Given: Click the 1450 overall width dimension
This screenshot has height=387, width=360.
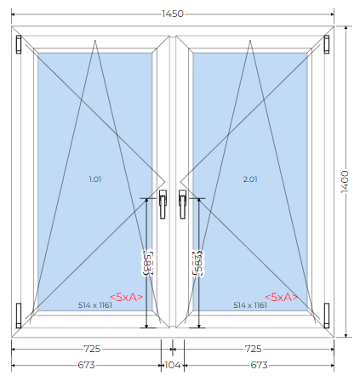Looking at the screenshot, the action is [x=173, y=14].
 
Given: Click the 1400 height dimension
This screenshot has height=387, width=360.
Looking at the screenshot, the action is [x=345, y=182].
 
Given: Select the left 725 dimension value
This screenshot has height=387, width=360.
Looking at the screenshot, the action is [x=92, y=349].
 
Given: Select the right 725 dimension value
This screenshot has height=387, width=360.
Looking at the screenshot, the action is [x=253, y=349].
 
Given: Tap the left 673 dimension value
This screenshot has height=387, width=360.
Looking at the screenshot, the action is [x=86, y=365].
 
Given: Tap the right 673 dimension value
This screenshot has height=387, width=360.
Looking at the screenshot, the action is [x=259, y=365].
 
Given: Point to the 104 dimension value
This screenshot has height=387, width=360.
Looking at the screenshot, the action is [x=173, y=365].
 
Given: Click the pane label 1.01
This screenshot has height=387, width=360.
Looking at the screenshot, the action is [x=95, y=179].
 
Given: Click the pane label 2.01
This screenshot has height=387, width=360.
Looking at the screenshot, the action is [x=250, y=179].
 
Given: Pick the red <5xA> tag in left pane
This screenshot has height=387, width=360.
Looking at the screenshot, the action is [x=126, y=297].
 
